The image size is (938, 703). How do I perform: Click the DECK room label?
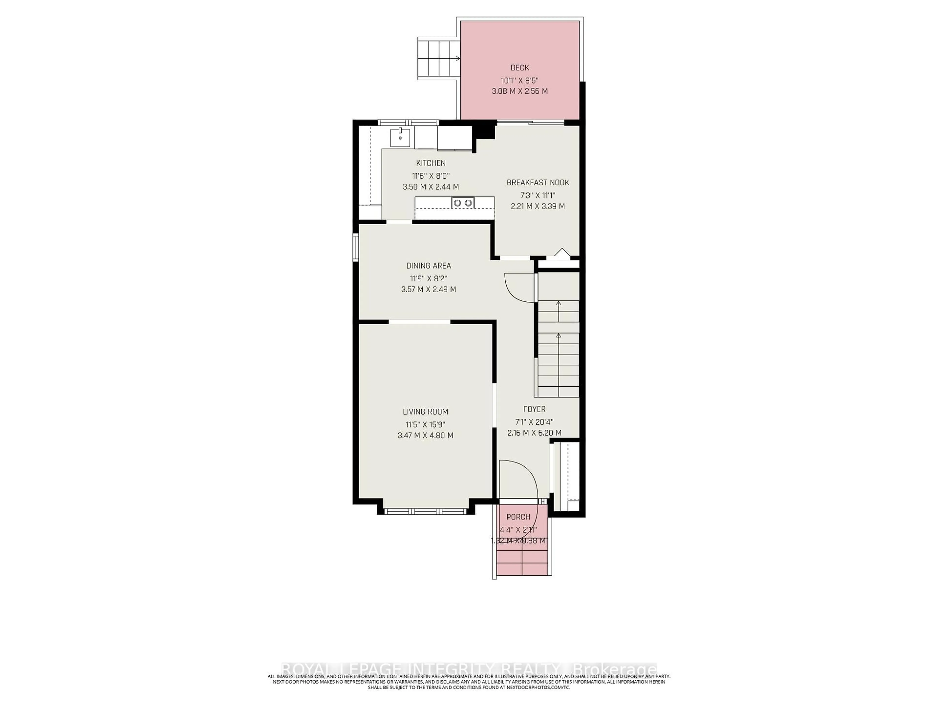[x=520, y=68]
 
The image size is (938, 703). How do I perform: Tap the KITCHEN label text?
[x=431, y=163]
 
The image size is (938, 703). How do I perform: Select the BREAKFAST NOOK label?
[x=538, y=183]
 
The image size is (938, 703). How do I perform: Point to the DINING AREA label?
[x=429, y=266]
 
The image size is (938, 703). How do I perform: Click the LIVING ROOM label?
[x=425, y=412]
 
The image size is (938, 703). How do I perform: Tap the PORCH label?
[x=518, y=517]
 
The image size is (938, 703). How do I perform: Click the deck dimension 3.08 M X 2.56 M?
[x=520, y=91]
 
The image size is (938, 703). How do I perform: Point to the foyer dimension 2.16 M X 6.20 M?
[x=534, y=433]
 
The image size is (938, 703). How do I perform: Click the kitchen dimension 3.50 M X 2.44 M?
[x=431, y=187]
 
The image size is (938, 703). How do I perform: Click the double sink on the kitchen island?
[x=463, y=203]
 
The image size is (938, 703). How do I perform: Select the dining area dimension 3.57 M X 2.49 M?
[x=429, y=289]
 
